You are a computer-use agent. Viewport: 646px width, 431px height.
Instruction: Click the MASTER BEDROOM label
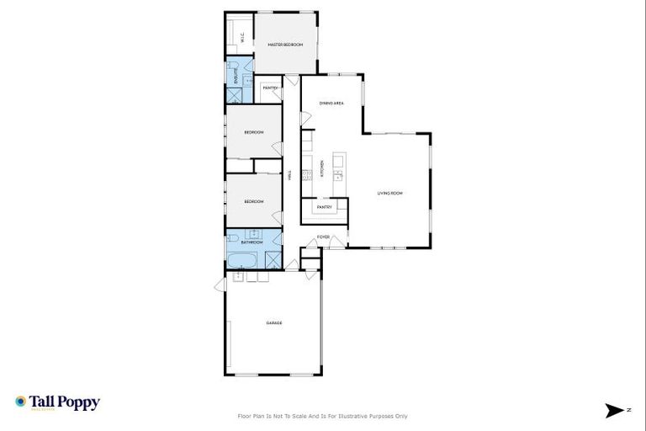tap(284, 45)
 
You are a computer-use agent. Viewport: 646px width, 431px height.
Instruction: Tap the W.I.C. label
tap(242, 37)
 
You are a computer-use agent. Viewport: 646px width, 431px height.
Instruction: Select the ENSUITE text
tap(235, 73)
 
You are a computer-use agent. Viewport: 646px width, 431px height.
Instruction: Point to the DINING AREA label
tap(331, 104)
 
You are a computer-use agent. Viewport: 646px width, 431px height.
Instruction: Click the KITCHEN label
tap(321, 167)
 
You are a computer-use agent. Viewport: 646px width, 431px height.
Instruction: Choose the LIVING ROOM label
tap(390, 194)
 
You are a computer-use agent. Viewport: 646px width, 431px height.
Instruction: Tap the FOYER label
tap(323, 237)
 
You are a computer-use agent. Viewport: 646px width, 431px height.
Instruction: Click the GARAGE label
tap(273, 323)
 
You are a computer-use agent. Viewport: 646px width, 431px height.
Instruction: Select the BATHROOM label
tap(252, 242)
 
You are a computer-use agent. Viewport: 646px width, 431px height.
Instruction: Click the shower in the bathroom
tap(273, 260)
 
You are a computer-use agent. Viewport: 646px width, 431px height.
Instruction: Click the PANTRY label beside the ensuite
tap(270, 88)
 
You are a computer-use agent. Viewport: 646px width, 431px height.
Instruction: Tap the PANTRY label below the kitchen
tap(324, 207)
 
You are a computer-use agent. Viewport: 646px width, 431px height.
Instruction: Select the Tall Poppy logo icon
tap(21, 402)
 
